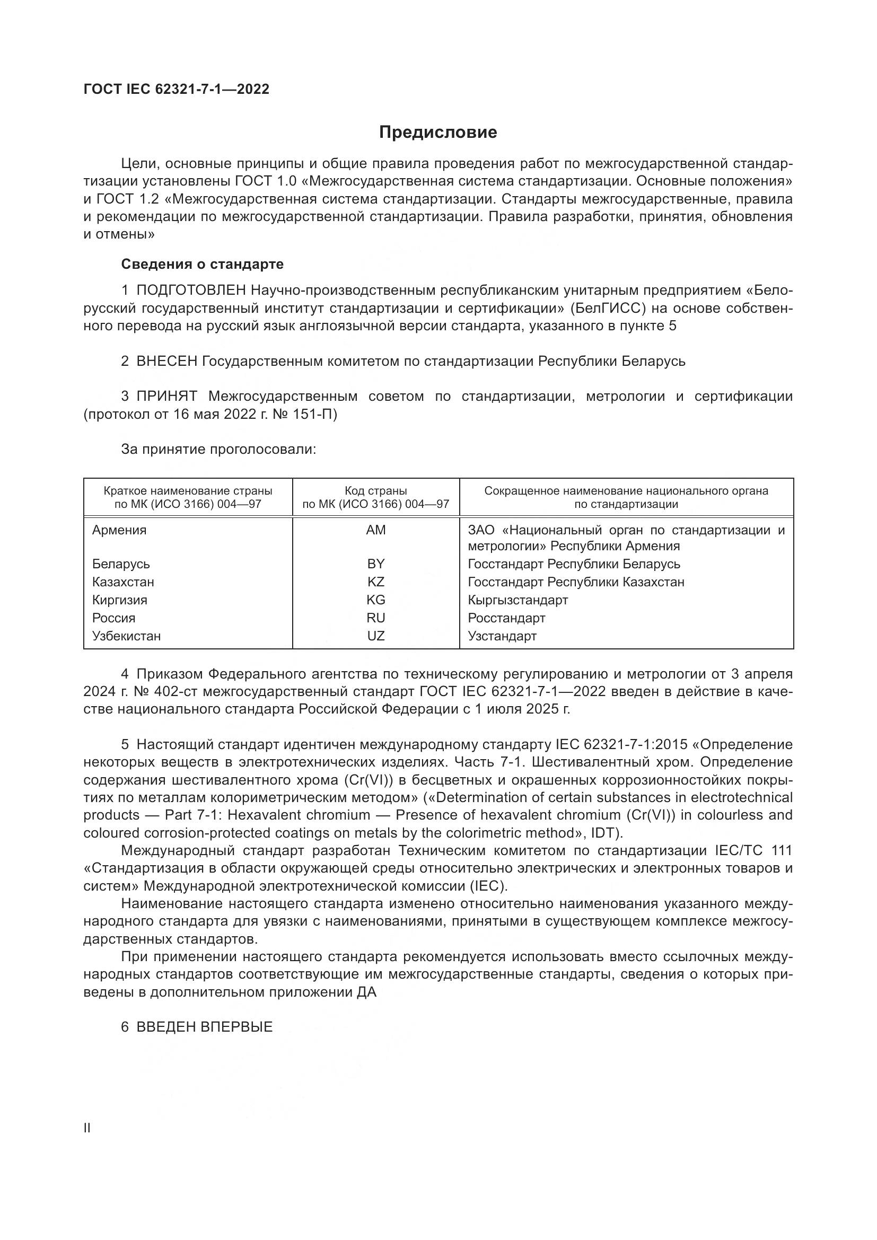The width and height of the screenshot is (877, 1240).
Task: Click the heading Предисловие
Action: (437, 133)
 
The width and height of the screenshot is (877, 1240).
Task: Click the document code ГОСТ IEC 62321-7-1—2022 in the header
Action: (176, 89)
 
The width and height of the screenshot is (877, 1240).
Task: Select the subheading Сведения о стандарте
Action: (202, 264)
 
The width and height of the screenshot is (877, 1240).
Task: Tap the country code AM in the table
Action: (376, 530)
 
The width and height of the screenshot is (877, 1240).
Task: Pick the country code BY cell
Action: (376, 564)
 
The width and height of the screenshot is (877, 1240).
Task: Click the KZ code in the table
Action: (376, 582)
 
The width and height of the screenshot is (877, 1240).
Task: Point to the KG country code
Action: (376, 600)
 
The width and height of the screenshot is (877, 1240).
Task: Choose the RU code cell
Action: (376, 618)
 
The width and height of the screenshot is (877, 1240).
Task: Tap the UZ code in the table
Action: (376, 636)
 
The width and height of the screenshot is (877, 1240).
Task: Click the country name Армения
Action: (119, 530)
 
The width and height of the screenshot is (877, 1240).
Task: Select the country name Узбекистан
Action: (126, 636)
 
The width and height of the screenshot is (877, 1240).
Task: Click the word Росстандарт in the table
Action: (506, 618)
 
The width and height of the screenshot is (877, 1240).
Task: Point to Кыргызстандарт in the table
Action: (518, 600)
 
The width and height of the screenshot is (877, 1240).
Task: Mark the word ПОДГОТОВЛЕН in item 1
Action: (192, 291)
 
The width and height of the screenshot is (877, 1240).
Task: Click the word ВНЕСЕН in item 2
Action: (167, 361)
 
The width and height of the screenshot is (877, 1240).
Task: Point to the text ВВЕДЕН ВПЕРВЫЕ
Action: (205, 1027)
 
